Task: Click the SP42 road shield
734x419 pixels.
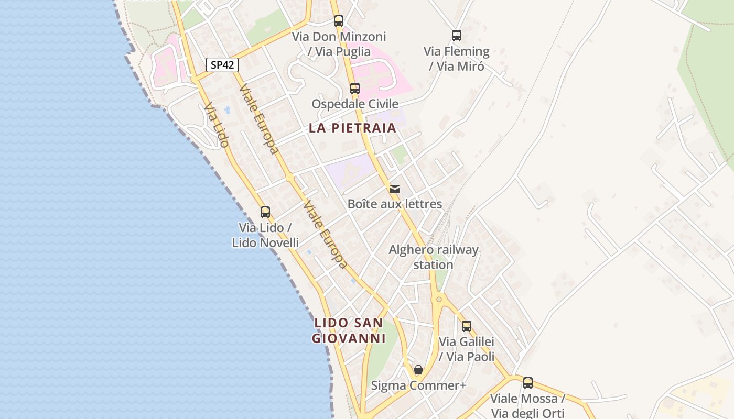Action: point(222,65)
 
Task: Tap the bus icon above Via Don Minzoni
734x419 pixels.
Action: point(339,21)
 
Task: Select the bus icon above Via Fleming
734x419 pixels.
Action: point(457,36)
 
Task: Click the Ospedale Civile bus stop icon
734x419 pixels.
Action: point(355,88)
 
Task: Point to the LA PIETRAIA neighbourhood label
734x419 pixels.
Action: point(352,128)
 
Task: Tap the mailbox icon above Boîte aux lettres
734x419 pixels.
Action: point(395,189)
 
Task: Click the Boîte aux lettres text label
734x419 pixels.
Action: point(395,204)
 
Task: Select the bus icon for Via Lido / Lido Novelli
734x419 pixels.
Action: point(265,212)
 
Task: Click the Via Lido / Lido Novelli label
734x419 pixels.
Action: point(265,235)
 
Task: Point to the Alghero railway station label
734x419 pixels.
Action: point(434,257)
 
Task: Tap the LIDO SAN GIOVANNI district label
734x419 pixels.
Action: point(349,330)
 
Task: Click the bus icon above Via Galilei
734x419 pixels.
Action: point(467,326)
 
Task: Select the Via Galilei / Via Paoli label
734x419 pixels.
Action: point(467,349)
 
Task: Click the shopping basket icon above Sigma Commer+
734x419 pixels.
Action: point(418,370)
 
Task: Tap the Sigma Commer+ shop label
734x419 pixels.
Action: point(418,385)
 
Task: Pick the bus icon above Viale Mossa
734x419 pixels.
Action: point(528,383)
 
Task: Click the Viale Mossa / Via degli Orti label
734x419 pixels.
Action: point(527,406)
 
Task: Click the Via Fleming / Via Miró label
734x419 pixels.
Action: point(457,59)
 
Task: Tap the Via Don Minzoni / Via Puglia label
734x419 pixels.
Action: point(339,44)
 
